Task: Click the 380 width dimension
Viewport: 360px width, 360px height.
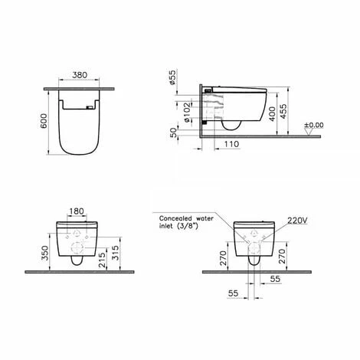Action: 80,75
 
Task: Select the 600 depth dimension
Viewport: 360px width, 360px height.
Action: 44,121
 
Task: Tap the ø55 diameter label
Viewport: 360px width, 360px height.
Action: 173,77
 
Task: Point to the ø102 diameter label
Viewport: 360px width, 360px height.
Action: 188,113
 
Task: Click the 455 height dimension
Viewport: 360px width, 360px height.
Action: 283,111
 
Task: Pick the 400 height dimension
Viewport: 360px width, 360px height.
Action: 273,114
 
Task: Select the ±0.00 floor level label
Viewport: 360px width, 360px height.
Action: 314,125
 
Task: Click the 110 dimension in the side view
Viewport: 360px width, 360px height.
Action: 231,144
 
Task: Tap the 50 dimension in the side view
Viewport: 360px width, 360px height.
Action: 174,133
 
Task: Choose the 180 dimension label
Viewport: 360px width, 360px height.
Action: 77,211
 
